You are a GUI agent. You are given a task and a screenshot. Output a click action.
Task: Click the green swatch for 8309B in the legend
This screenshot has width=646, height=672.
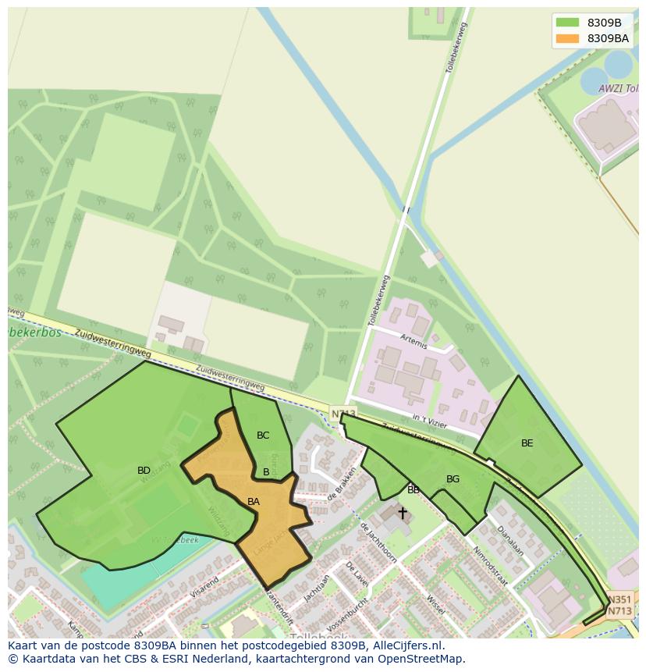tap(567, 23)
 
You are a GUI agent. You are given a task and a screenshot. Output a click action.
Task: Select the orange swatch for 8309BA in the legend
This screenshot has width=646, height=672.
tap(567, 38)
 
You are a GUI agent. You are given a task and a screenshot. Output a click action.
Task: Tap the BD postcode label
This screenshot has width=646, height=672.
tap(144, 471)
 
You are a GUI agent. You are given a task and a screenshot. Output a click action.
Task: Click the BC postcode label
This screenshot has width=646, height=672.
tap(263, 436)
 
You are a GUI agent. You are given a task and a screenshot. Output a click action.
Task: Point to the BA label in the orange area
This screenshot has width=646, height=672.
tap(253, 502)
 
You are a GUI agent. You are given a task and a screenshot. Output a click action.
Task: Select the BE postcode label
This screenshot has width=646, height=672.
tap(527, 443)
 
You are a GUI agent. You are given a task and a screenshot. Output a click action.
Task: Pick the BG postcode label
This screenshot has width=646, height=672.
tap(453, 479)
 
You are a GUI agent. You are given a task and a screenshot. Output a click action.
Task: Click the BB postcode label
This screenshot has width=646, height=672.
tap(413, 490)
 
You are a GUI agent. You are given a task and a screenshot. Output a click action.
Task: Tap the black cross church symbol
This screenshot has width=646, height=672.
tap(403, 513)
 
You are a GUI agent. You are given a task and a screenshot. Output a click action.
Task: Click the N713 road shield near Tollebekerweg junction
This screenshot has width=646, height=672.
tap(343, 414)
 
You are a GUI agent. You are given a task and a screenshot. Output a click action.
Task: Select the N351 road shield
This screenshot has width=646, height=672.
tap(619, 599)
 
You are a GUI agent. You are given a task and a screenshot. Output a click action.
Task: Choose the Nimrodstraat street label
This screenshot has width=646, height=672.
tap(489, 566)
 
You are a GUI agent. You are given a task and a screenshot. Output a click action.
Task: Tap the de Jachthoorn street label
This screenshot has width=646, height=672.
tap(378, 542)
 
